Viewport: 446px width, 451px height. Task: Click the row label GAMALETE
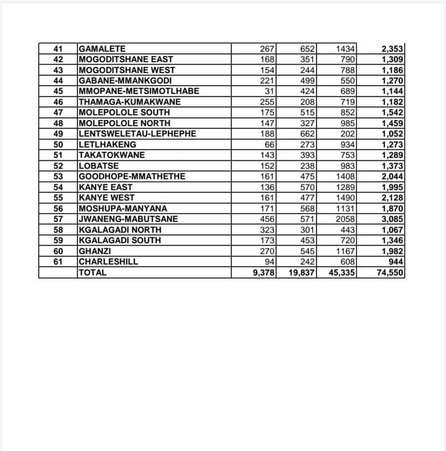(x=102, y=49)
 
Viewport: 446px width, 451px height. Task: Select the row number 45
(x=58, y=91)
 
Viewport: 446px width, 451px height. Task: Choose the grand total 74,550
(x=388, y=272)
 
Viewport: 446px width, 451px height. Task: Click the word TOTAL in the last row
(x=93, y=272)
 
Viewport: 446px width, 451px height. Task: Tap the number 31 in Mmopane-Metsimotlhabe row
(x=271, y=91)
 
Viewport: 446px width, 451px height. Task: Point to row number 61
(x=58, y=262)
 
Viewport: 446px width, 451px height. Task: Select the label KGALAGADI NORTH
(x=120, y=230)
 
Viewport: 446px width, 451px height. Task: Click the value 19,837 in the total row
(x=302, y=272)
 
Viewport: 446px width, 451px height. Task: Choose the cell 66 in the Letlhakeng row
(x=271, y=145)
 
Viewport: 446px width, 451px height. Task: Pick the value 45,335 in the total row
(x=341, y=272)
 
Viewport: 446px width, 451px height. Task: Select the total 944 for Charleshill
(x=394, y=262)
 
